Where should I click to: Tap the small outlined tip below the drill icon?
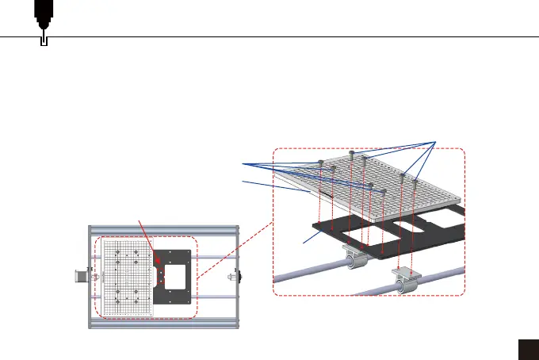click(44, 39)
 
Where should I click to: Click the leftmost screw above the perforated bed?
click(320, 162)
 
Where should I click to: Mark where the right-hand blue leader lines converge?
click(436, 142)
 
